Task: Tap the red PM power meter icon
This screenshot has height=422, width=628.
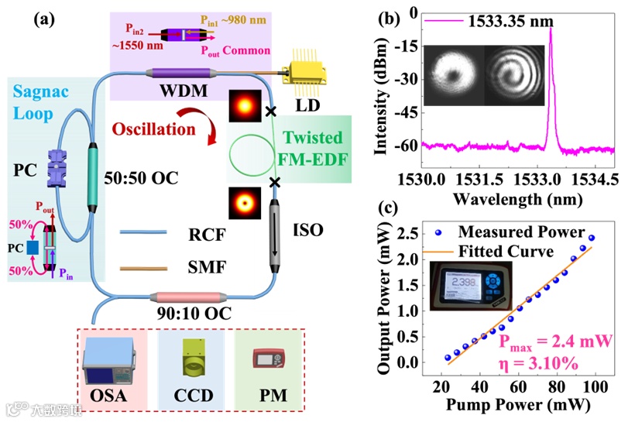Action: [x=269, y=360]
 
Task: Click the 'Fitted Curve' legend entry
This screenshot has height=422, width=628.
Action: [x=510, y=251]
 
